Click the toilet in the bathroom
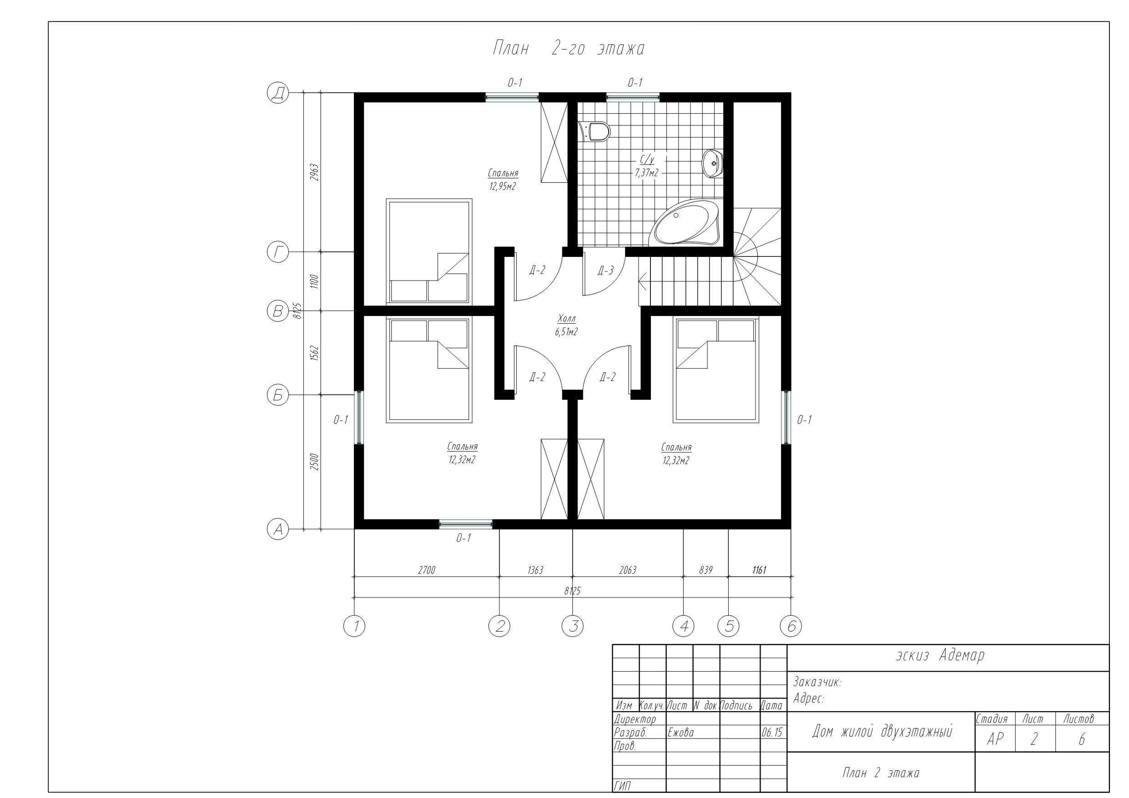(595, 131)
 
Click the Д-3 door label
(606, 270)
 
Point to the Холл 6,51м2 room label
(566, 325)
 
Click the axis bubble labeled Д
(278, 92)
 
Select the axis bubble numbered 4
(684, 626)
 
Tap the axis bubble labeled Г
(278, 252)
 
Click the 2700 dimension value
(426, 570)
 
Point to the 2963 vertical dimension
(315, 172)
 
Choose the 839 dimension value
(706, 570)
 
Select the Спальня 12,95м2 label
(503, 180)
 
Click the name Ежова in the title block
(680, 733)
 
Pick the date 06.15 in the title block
(772, 733)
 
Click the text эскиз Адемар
(940, 655)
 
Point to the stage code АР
(995, 739)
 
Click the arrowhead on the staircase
(642, 282)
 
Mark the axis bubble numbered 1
(354, 626)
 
